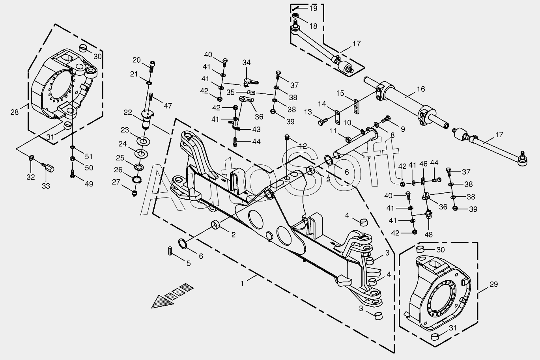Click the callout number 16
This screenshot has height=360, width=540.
tap(420, 89)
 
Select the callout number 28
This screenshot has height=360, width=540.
tap(15, 112)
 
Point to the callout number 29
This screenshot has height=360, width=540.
tap(493, 284)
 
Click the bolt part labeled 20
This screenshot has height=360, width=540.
tap(152, 67)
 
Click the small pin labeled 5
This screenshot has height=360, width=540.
tap(170, 250)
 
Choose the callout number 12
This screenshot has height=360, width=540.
tap(303, 146)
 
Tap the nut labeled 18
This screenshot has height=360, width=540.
tap(296, 16)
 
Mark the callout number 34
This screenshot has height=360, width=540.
tap(247, 63)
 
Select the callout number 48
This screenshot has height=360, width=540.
tap(429, 235)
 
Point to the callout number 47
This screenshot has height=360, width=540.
tap(168, 106)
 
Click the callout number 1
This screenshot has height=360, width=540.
tap(242, 284)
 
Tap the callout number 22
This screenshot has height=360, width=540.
tap(128, 112)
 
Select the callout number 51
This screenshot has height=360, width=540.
tap(89, 157)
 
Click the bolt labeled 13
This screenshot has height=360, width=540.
tap(323, 121)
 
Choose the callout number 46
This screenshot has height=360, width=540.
tap(423, 164)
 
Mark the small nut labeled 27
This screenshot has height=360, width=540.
tap(135, 193)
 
